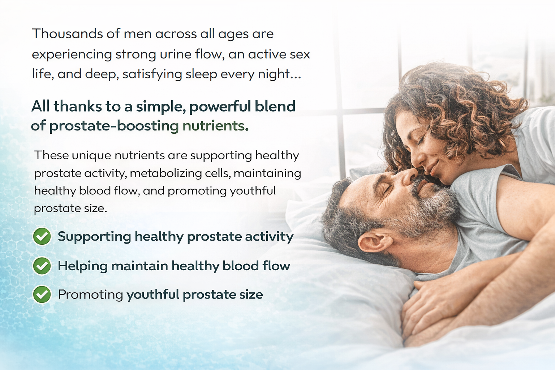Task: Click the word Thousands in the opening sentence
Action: point(67,34)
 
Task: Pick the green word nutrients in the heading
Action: point(214,126)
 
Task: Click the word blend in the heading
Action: point(275,106)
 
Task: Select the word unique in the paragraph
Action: point(91,156)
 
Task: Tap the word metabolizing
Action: point(166,173)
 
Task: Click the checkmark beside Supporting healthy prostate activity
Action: point(42,236)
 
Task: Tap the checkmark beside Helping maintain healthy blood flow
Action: point(42,266)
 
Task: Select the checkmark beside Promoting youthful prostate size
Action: point(42,294)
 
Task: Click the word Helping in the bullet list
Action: point(82,266)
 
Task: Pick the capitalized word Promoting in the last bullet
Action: point(90,295)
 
